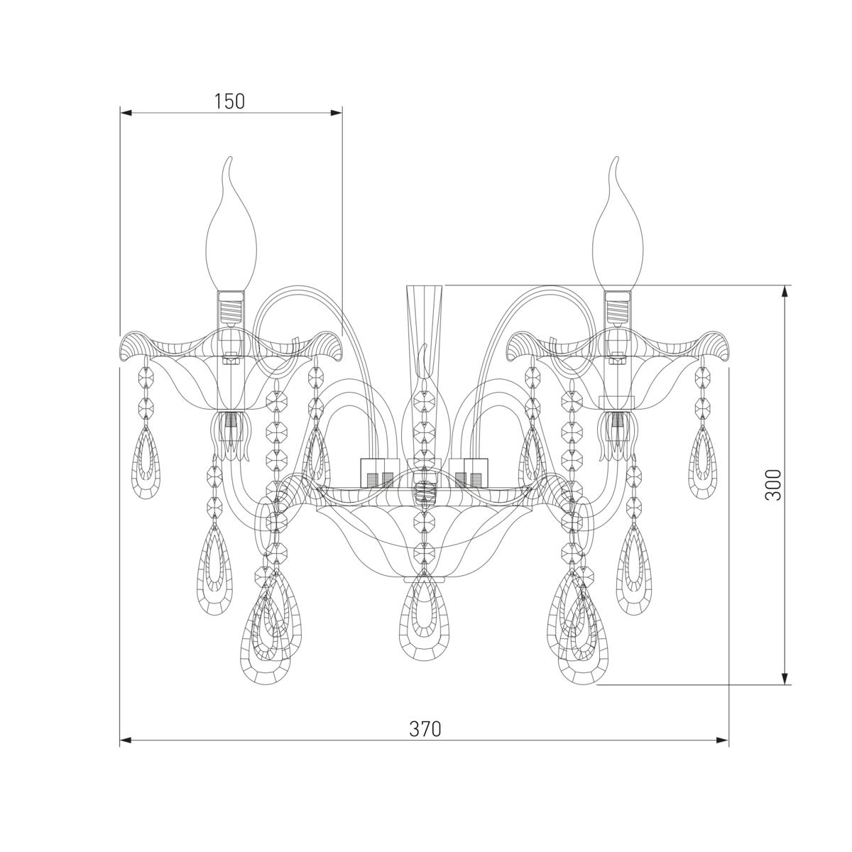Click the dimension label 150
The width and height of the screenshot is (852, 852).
229,102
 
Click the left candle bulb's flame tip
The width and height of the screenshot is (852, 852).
229,158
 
